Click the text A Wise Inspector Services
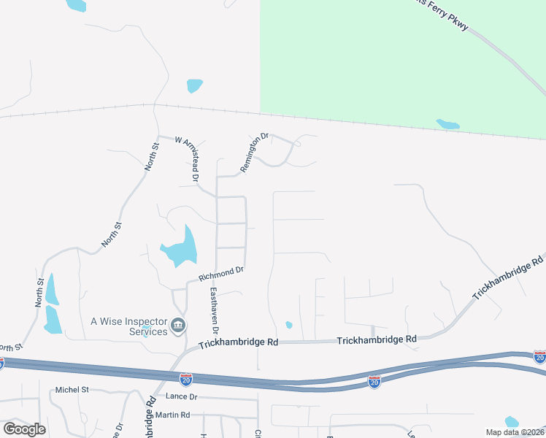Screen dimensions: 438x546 (128, 326)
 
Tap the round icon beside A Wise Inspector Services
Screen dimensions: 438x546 (178, 326)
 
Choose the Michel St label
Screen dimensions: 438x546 (72, 391)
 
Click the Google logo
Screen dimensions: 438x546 (24, 429)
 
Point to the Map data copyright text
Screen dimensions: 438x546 (514, 432)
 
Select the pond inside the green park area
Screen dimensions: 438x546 (447, 124)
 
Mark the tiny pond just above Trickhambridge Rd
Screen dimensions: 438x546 (289, 325)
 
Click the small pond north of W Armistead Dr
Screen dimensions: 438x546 (194, 85)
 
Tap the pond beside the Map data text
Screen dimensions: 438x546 (512, 421)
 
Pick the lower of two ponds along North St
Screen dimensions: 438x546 (53, 320)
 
